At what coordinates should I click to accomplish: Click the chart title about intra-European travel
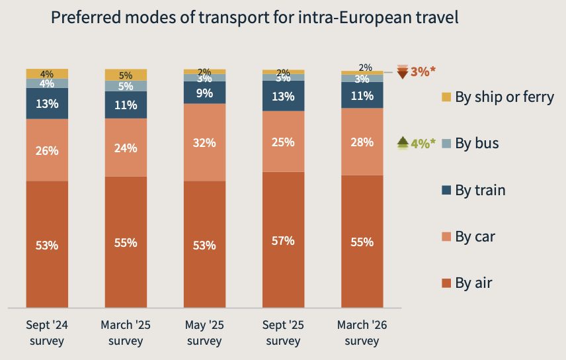(x=255, y=18)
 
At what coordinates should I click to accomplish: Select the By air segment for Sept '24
(x=47, y=244)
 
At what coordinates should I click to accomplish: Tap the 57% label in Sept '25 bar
(x=283, y=241)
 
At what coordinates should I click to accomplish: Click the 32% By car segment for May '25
(x=204, y=142)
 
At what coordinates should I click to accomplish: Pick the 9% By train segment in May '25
(x=204, y=93)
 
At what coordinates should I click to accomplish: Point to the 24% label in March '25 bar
(x=126, y=148)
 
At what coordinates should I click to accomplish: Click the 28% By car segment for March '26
(x=362, y=142)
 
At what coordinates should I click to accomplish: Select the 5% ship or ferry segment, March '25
(x=126, y=75)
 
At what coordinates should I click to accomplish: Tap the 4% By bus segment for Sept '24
(x=47, y=83)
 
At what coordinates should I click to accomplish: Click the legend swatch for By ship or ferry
(x=446, y=97)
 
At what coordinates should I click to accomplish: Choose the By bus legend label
(x=477, y=143)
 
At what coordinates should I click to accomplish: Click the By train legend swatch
(x=446, y=191)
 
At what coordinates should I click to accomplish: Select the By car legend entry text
(x=475, y=237)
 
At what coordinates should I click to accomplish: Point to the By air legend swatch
(x=446, y=284)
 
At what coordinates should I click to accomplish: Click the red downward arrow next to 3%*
(x=402, y=71)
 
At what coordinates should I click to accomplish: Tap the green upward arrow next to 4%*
(x=402, y=142)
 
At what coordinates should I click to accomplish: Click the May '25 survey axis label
(x=204, y=333)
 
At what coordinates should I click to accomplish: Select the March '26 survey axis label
(x=362, y=333)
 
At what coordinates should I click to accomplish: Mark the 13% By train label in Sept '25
(x=283, y=97)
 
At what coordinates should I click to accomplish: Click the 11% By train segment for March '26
(x=362, y=95)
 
